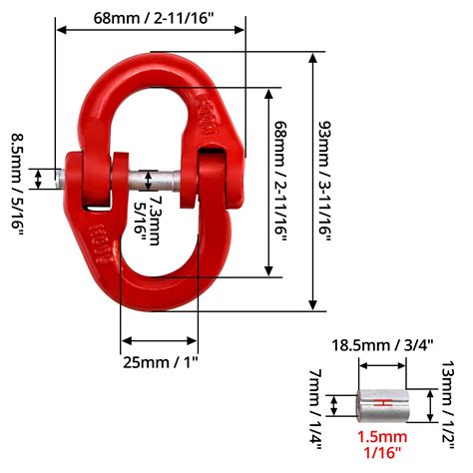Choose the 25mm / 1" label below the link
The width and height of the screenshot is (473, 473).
tap(161, 359)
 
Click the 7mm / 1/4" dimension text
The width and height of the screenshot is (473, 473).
tap(316, 406)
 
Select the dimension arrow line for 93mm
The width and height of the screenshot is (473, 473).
tap(313, 180)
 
